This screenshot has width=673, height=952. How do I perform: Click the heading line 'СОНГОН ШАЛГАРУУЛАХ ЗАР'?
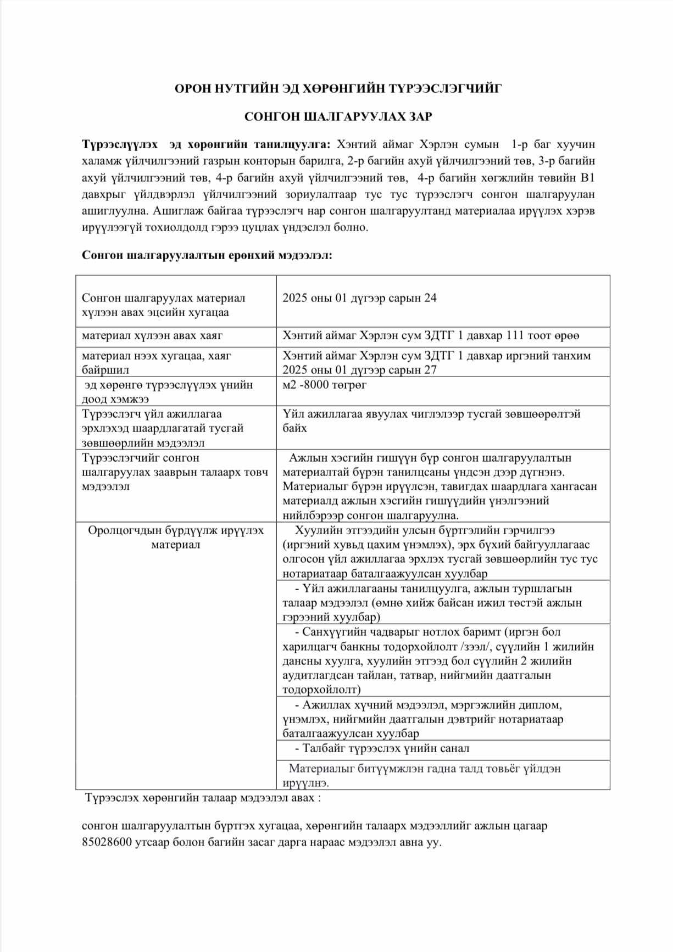coord(338,116)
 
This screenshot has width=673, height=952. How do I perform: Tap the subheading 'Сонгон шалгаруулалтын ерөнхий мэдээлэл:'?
coord(207,255)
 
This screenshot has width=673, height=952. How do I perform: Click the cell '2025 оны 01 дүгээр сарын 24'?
coord(359,298)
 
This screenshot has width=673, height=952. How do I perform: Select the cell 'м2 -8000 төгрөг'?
coord(324,384)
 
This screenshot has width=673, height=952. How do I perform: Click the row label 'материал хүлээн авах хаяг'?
coord(152,335)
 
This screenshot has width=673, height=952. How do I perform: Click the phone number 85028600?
coord(107,843)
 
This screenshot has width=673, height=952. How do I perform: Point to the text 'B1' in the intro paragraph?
coord(587,178)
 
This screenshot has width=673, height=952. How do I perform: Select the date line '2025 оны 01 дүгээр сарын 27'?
coord(359,369)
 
